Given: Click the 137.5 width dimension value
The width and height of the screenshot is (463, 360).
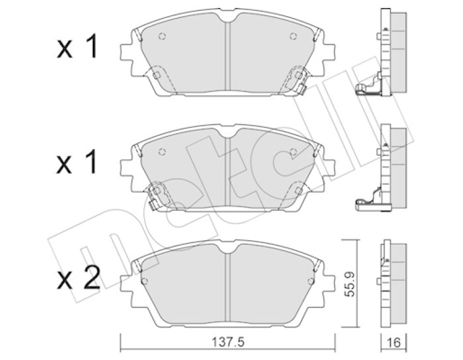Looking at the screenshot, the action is click(228, 342).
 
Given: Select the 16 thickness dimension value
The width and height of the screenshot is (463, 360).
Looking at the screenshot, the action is click(394, 343).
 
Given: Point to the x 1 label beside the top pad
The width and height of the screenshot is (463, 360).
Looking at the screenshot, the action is click(77, 46).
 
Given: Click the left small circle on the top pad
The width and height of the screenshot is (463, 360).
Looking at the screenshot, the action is click(162, 36).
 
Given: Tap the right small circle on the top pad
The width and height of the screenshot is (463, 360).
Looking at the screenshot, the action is click(293, 36).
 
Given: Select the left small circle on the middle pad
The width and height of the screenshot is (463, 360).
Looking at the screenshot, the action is click(162, 152).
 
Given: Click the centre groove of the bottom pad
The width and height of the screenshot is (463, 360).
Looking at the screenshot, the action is click(227, 286).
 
